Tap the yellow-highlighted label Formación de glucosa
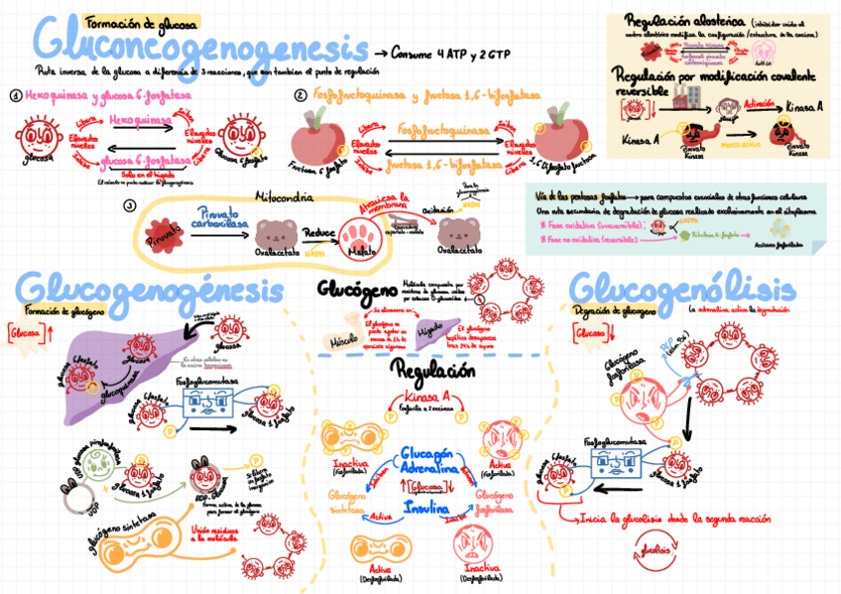[x=142, y=22]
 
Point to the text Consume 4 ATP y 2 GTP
[x=451, y=53]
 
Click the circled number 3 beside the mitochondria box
[x=129, y=206]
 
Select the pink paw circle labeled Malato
[x=358, y=237]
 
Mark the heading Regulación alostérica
[x=676, y=20]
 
